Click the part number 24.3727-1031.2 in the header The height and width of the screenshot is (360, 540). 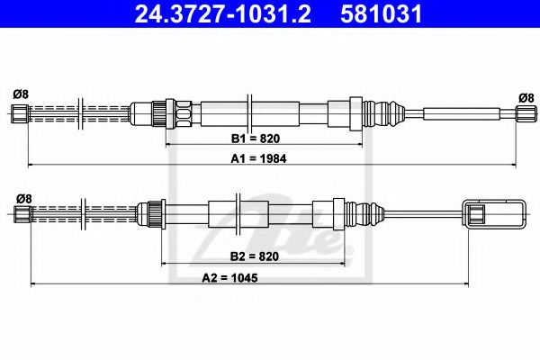click(223, 14)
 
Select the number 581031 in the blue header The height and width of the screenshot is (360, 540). click(381, 14)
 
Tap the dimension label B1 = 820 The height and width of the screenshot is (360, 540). click(256, 139)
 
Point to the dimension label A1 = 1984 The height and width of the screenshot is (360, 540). click(258, 158)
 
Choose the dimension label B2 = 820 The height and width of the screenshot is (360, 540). click(255, 256)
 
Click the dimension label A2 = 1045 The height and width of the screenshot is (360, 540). click(229, 278)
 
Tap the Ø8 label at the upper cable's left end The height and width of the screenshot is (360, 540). click(21, 94)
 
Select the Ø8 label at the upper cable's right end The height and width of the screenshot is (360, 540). click(526, 98)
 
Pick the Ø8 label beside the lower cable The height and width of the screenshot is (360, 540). click(24, 198)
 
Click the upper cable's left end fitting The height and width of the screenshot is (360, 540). click(20, 113)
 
